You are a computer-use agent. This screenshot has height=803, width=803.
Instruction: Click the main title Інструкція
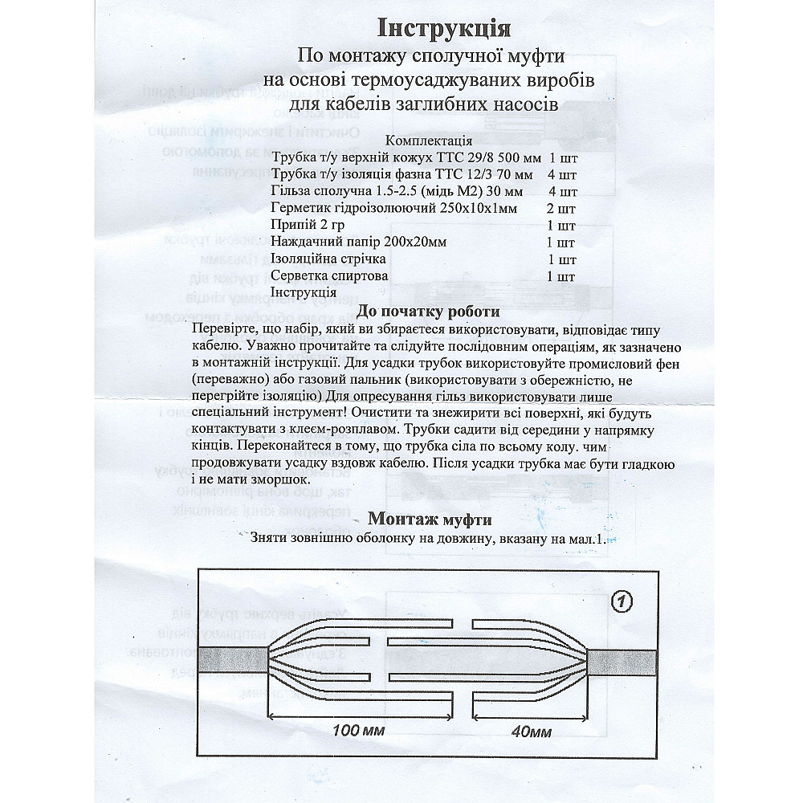click(x=444, y=28)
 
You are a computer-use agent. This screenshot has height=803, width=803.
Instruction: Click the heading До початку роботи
click(x=429, y=312)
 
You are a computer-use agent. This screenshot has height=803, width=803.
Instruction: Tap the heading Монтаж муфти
click(x=429, y=519)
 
